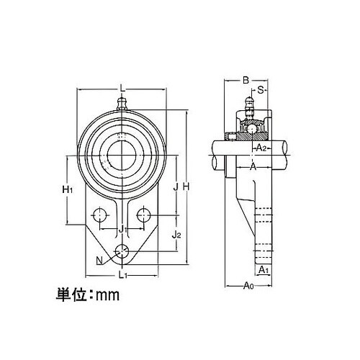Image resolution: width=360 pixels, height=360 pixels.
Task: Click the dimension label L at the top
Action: point(122,89)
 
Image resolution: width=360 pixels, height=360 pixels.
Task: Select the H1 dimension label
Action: point(68,189)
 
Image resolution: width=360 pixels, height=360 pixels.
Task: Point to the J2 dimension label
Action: point(176,235)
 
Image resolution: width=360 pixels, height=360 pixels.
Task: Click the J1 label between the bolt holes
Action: point(122,230)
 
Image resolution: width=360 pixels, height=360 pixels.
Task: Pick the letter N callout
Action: point(99,260)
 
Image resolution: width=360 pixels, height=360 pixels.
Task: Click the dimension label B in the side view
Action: point(246,80)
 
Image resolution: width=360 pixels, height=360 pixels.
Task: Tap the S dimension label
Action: point(261,90)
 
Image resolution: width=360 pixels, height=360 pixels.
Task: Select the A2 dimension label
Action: point(261,148)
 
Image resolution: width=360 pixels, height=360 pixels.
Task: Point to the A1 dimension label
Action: point(264,270)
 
